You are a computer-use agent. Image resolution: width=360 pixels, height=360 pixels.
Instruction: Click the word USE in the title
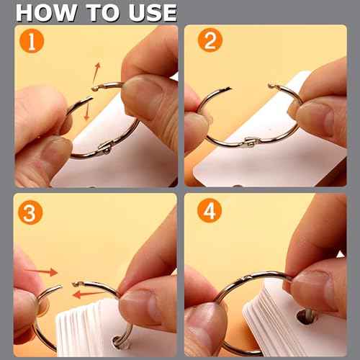tap(153, 13)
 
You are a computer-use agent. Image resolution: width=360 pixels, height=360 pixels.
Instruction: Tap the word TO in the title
tap(103, 13)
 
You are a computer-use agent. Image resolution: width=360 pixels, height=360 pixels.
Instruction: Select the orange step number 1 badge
tap(32, 41)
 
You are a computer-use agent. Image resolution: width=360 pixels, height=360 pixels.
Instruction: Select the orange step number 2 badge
tap(210, 40)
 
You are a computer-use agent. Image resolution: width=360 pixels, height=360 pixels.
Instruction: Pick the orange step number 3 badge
tap(30, 212)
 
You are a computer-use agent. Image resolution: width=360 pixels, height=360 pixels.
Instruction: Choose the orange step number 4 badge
tap(210, 210)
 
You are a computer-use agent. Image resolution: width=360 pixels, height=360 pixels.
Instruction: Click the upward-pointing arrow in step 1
tap(96, 73)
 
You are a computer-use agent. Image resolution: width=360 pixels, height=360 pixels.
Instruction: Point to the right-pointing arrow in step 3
tap(41, 271)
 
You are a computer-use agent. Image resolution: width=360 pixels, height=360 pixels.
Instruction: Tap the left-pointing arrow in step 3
tap(89, 294)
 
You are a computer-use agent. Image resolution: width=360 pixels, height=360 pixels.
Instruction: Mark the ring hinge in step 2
tap(251, 142)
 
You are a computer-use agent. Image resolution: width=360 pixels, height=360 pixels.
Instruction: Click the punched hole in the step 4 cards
tap(306, 316)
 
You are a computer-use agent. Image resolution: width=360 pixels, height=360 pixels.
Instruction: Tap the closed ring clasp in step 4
tap(244, 279)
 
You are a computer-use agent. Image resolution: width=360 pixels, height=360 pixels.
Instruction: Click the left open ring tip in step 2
tap(228, 89)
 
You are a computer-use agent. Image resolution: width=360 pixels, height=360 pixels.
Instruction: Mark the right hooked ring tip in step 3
tap(76, 284)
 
